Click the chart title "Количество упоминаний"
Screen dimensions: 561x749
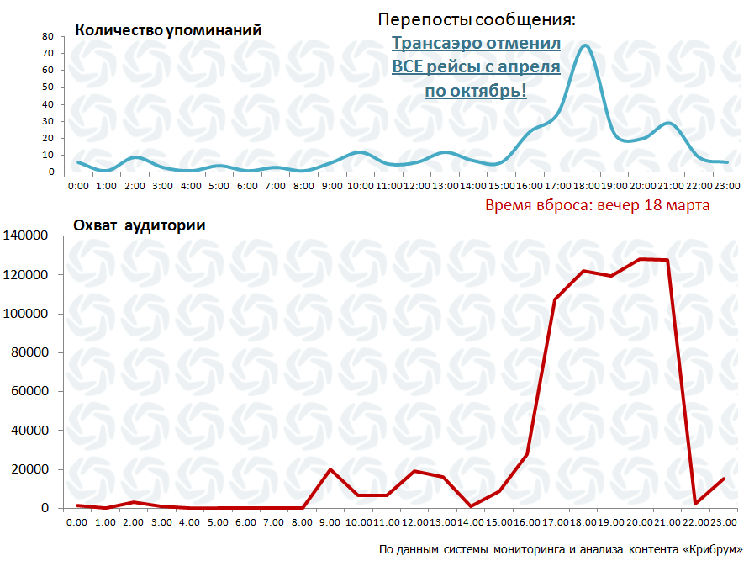tap(168, 30)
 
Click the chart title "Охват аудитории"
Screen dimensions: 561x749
tap(140, 225)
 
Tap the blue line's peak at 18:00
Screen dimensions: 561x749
tap(586, 45)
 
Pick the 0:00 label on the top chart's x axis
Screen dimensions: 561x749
tap(78, 185)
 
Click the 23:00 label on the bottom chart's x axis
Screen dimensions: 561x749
tap(725, 522)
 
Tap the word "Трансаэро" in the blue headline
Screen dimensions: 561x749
tap(441, 43)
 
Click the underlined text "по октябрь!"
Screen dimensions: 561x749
tap(476, 90)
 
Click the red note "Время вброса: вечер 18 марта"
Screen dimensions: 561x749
tap(598, 205)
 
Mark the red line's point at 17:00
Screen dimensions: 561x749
tap(556, 299)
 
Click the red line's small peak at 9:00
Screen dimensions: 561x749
tap(330, 469)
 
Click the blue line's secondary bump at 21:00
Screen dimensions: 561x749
tap(668, 123)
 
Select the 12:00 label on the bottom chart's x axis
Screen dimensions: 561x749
tap(415, 522)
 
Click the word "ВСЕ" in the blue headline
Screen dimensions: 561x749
tap(410, 66)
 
